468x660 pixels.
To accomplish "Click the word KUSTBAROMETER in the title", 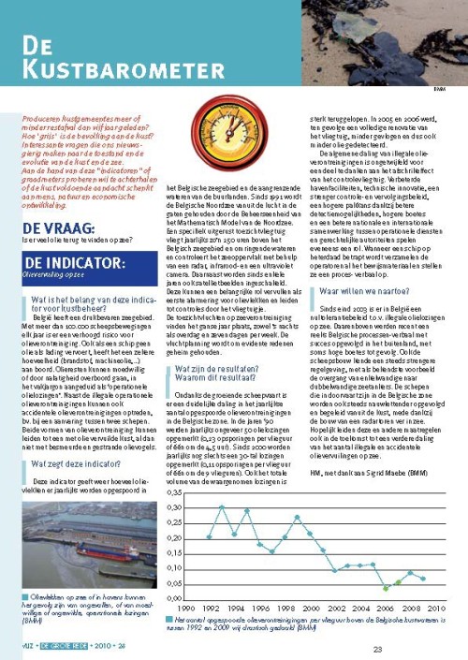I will [108, 67].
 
